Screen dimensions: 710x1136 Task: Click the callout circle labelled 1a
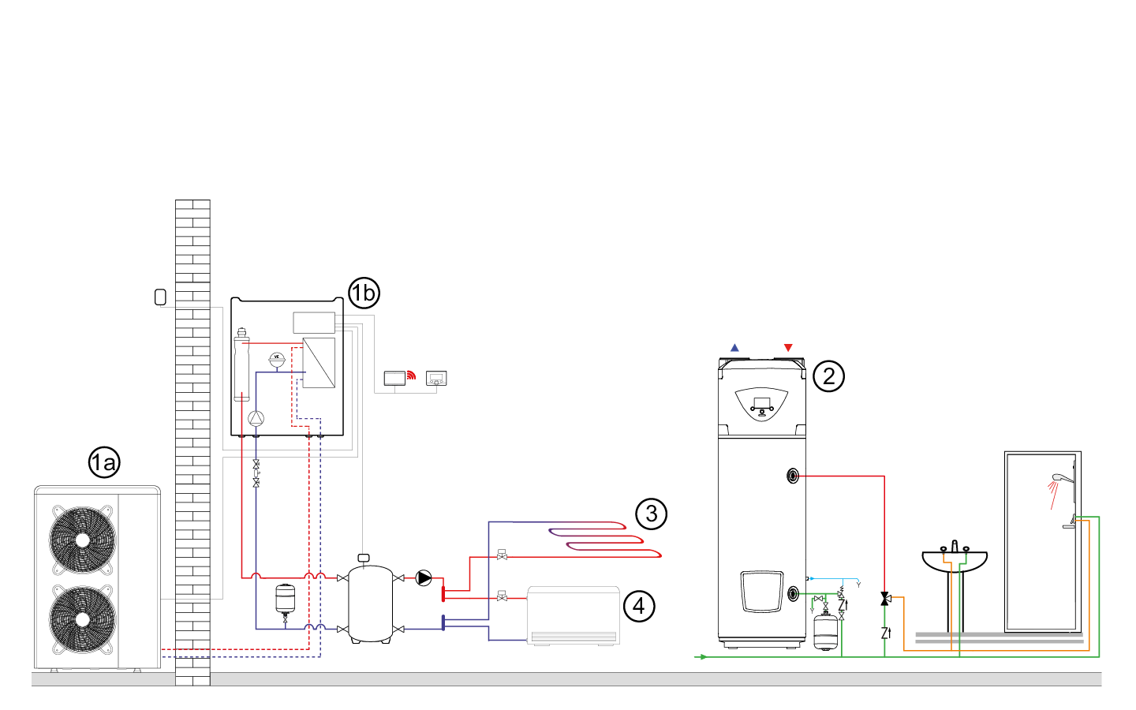pos(104,463)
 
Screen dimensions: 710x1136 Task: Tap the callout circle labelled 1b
pos(364,293)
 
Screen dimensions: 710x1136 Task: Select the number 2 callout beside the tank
pos(828,376)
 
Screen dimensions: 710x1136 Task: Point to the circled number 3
pos(651,514)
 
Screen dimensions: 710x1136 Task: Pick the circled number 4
pos(639,607)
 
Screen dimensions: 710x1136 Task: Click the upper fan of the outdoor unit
pos(83,540)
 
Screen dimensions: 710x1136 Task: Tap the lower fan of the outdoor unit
pos(83,619)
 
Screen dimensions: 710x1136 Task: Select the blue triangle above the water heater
pos(734,348)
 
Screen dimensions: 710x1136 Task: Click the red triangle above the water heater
pos(788,348)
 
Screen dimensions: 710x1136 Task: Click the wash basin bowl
pos(955,561)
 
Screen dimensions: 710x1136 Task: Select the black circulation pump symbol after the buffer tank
pos(424,578)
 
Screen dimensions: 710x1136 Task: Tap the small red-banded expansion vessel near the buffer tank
pos(285,599)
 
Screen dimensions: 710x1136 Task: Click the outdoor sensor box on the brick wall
pos(161,297)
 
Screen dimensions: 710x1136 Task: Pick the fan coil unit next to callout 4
pos(573,615)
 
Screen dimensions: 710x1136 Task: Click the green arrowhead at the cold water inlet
pos(702,656)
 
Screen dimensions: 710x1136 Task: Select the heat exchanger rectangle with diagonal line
pos(319,362)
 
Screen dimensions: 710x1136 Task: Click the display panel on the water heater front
pos(761,404)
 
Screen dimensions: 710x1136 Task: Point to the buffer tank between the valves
pos(370,603)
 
